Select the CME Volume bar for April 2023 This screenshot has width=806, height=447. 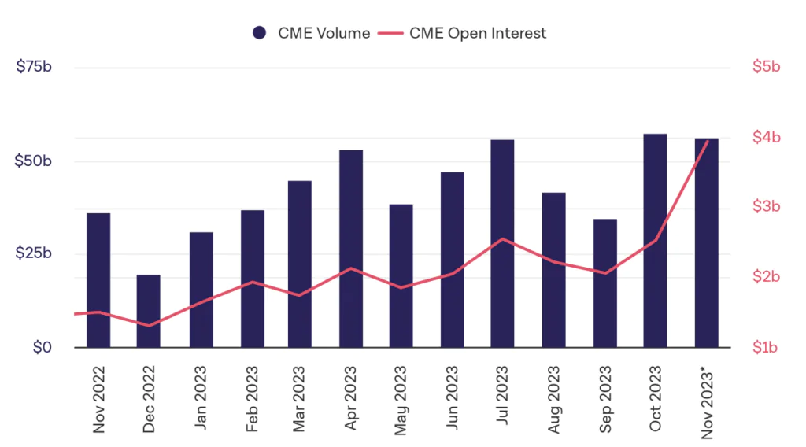point(351,249)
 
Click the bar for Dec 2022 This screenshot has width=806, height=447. point(148,311)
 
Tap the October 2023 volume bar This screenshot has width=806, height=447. point(655,241)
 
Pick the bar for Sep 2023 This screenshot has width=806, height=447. point(604,283)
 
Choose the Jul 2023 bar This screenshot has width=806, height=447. point(502,244)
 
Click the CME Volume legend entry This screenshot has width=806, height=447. point(311,33)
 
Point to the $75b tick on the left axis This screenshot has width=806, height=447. point(34,68)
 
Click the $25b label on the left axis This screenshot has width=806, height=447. point(34,254)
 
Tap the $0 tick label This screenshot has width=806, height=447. point(43,347)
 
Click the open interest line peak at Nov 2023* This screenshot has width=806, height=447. point(708,142)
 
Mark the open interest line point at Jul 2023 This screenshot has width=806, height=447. point(502,239)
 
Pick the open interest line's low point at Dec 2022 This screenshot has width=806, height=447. point(148,326)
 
